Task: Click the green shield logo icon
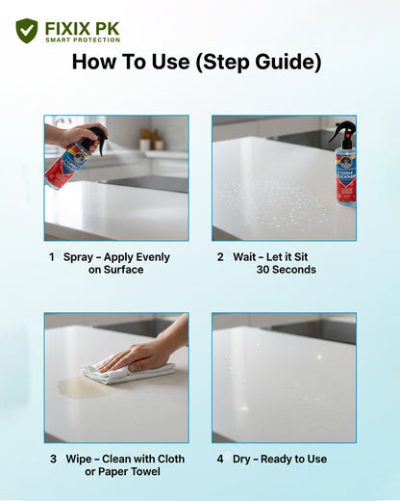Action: coord(27,31)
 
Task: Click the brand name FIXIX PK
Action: coord(82,27)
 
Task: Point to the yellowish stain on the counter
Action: coord(77,387)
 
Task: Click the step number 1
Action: coord(52,257)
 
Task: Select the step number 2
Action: coord(220,257)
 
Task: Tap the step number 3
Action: coord(53,459)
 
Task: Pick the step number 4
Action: coord(220,459)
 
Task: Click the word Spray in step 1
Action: coord(78,257)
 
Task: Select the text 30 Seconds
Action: coord(286,270)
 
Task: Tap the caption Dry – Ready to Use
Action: coord(280,459)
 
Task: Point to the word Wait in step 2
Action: coord(244,257)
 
